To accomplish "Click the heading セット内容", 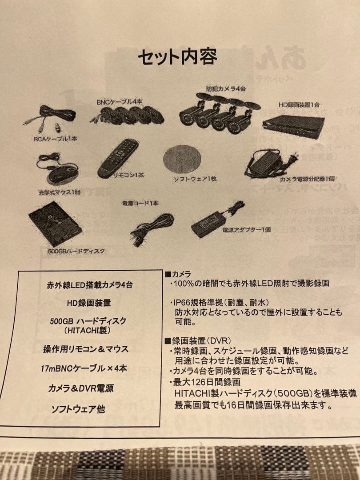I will (x=177, y=57).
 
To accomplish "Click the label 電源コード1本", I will (x=141, y=203).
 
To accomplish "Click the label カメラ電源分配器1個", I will (x=307, y=179).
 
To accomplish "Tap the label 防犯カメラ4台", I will (x=225, y=89).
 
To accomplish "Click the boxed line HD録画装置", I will (x=89, y=303).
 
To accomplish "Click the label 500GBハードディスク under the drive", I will (x=76, y=252).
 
